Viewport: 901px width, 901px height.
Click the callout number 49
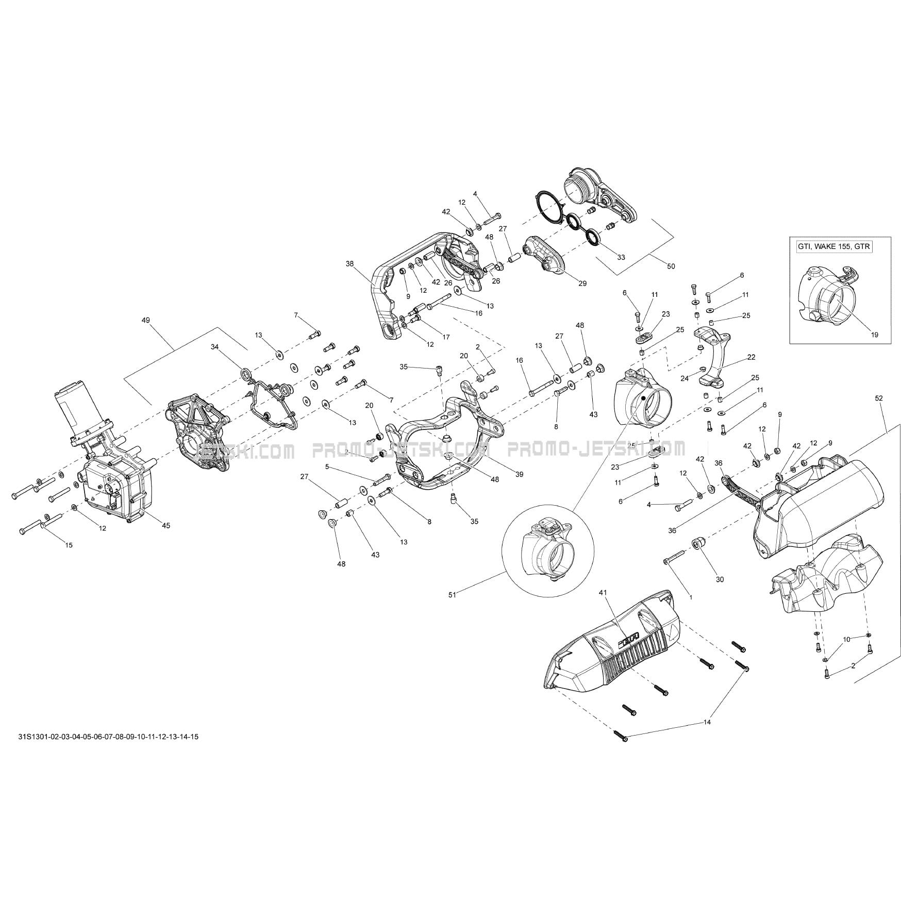(x=145, y=320)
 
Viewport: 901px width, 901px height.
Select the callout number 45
(x=166, y=526)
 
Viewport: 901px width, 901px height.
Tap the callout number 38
(x=350, y=263)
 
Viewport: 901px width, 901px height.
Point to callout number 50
(x=671, y=266)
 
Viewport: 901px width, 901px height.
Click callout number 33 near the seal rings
(x=621, y=257)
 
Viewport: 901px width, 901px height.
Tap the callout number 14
(x=707, y=723)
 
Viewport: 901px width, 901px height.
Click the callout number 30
(x=720, y=579)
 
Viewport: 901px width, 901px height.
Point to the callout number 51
(x=453, y=594)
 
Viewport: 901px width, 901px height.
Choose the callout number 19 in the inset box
(x=874, y=335)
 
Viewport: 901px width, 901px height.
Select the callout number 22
(x=751, y=357)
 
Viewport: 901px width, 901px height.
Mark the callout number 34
(x=215, y=347)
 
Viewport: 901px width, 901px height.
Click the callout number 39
(x=519, y=474)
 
